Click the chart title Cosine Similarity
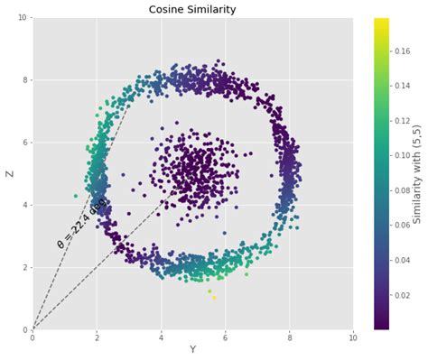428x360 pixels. (192, 9)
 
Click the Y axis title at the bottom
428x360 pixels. (192, 350)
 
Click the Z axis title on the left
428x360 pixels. (10, 173)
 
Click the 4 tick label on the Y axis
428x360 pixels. (161, 338)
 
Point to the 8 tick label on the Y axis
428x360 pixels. (289, 338)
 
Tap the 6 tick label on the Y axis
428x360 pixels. (225, 338)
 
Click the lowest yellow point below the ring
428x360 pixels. (214, 298)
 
